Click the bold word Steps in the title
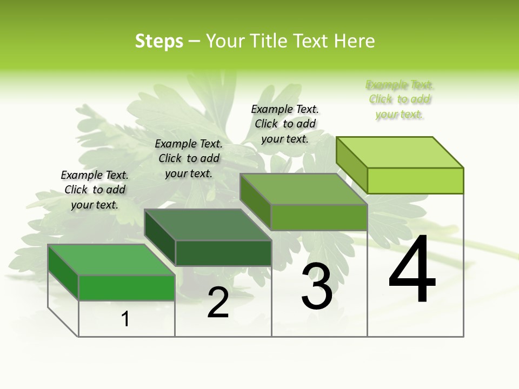[x=159, y=41]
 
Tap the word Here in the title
[x=354, y=41]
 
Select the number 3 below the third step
[x=317, y=287]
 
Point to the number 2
[x=218, y=303]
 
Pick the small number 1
[x=125, y=319]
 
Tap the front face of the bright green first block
[x=127, y=287]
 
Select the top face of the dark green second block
[x=208, y=225]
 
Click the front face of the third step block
[x=319, y=217]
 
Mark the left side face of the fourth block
[x=351, y=164]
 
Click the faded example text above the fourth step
[x=400, y=99]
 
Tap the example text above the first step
[x=95, y=190]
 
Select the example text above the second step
[x=189, y=158]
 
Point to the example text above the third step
[x=285, y=124]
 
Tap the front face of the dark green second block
[x=223, y=253]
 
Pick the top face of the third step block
[x=304, y=189]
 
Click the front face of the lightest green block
[x=415, y=180]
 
